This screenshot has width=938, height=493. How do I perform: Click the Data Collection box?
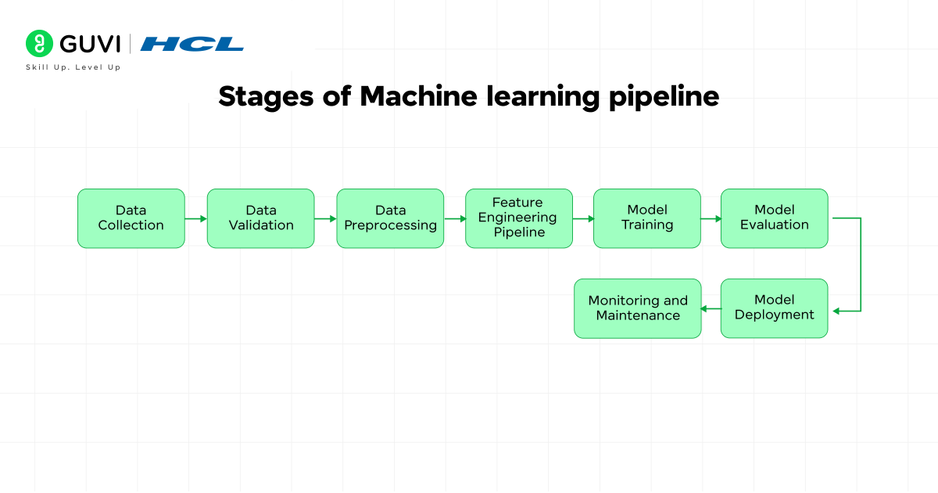click(x=131, y=218)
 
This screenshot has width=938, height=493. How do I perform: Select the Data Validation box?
click(x=261, y=218)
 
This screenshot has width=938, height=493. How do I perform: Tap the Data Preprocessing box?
click(x=391, y=218)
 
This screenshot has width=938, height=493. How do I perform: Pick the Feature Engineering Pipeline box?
click(x=519, y=218)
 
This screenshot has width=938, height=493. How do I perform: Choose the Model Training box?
click(x=647, y=218)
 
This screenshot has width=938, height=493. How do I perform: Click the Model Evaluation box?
click(x=774, y=218)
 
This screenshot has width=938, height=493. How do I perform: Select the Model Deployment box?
click(x=774, y=308)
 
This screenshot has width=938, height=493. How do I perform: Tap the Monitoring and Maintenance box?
click(x=638, y=308)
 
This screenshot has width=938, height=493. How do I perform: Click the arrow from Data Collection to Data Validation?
click(x=196, y=219)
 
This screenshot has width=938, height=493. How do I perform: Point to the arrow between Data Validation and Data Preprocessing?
click(x=326, y=219)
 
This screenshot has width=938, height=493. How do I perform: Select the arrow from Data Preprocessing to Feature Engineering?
click(x=455, y=219)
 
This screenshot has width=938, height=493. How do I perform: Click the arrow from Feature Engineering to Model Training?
click(x=583, y=219)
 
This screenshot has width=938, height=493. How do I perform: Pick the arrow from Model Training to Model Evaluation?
click(x=711, y=219)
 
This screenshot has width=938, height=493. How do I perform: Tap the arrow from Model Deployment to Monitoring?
click(x=711, y=309)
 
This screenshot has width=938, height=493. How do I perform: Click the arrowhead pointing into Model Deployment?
click(x=836, y=311)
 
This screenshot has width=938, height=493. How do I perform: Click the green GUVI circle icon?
click(x=38, y=44)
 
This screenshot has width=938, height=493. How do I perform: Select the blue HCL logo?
click(x=192, y=44)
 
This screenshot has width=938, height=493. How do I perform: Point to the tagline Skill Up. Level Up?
click(x=73, y=67)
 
